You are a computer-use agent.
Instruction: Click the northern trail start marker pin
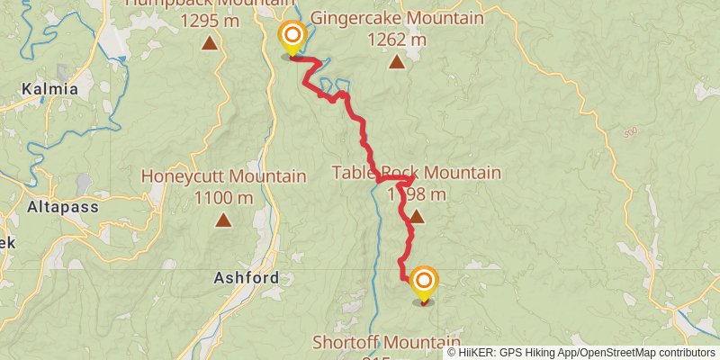tap(292, 39)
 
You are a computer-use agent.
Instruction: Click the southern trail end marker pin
tap(423, 283)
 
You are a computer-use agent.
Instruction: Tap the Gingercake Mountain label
tap(396, 18)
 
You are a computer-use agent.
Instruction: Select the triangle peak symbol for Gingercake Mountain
tap(397, 62)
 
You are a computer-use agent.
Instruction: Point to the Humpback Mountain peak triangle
tap(210, 42)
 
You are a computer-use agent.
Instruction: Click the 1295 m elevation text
tap(210, 19)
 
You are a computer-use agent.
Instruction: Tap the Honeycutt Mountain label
tap(223, 176)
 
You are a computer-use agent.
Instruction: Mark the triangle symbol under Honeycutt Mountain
tap(223, 220)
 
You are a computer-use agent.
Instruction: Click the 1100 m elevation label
tap(223, 197)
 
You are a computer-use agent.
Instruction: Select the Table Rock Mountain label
tap(416, 173)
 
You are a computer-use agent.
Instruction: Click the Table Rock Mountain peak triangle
tap(417, 217)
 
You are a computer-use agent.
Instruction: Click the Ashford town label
tap(246, 278)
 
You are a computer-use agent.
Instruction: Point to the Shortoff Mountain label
tap(386, 342)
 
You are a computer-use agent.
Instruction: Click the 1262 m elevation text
tap(397, 40)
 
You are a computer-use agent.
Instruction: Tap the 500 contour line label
tap(630, 134)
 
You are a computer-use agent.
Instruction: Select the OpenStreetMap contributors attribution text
tap(645, 353)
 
